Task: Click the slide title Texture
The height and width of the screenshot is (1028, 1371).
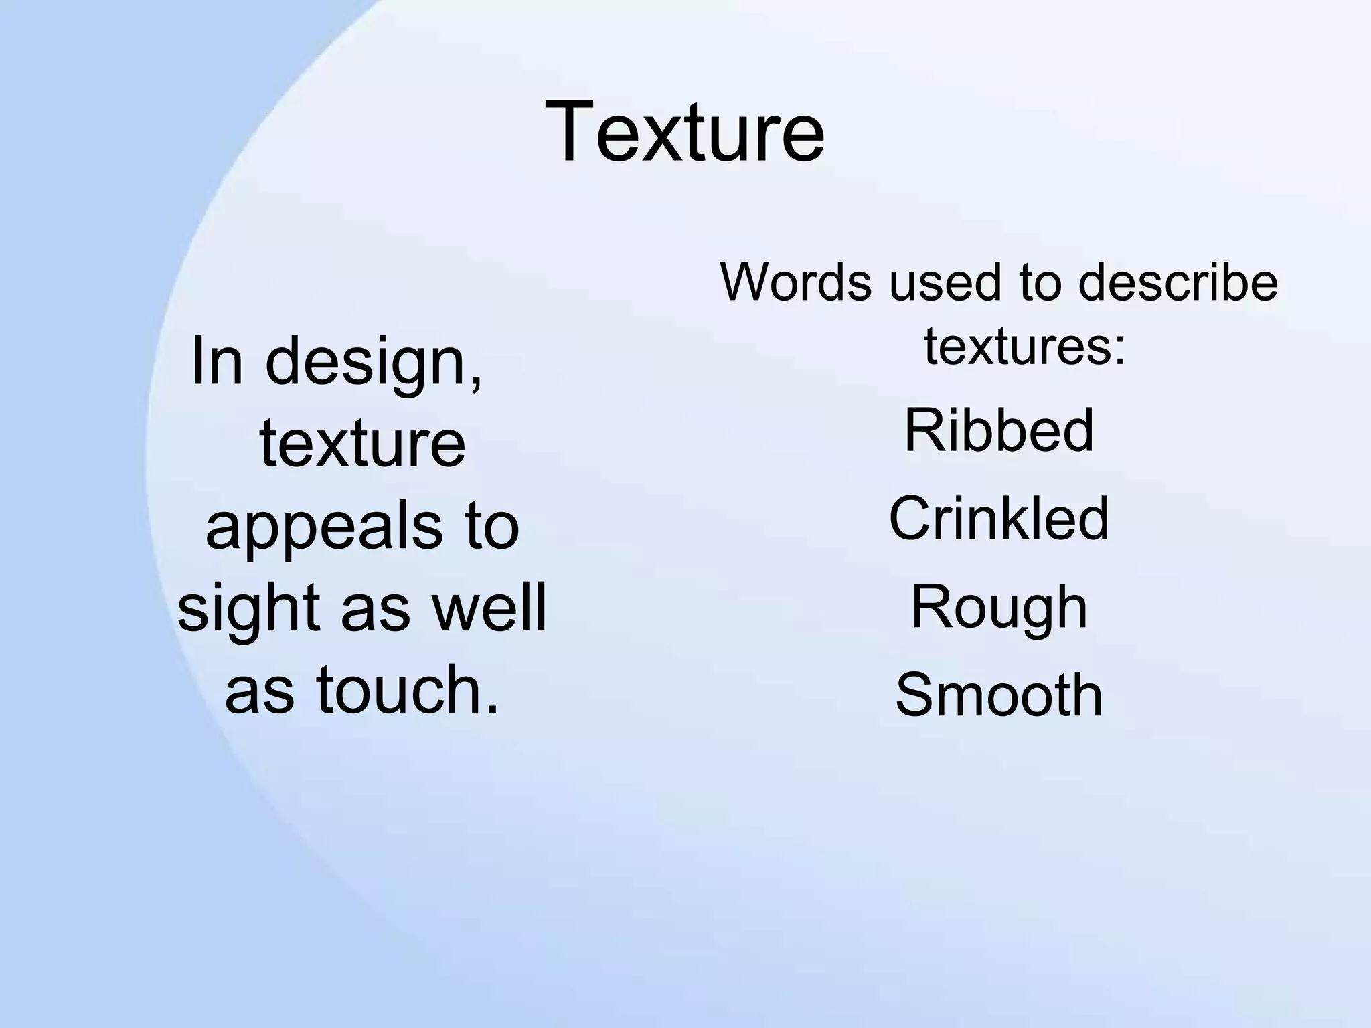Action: [x=685, y=131]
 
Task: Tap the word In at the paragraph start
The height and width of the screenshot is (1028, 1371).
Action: [x=216, y=361]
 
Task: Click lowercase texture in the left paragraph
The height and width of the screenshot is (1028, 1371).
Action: [x=362, y=443]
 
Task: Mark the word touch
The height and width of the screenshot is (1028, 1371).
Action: [x=408, y=689]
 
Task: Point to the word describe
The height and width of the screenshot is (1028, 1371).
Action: [x=1178, y=282]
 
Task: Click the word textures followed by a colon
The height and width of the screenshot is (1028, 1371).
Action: [x=1024, y=347]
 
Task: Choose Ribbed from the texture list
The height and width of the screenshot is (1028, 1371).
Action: [x=999, y=430]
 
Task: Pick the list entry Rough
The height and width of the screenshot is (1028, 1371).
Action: [x=999, y=608]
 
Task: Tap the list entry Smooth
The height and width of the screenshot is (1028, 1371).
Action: [x=999, y=695]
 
